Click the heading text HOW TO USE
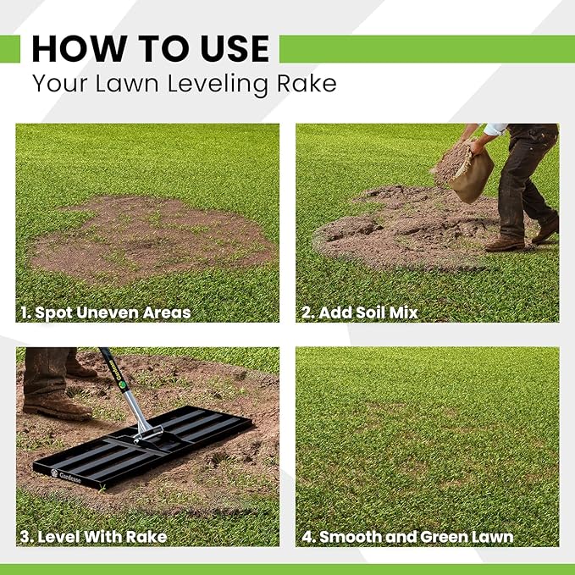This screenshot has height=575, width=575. pos(150,49)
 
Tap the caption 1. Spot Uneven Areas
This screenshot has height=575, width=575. pos(105,312)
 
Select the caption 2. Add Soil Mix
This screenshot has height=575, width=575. pos(360,312)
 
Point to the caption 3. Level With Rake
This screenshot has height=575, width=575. pos(92,536)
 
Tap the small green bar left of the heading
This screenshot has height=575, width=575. pos(9,49)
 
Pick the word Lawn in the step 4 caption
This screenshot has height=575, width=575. pos(486,536)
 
